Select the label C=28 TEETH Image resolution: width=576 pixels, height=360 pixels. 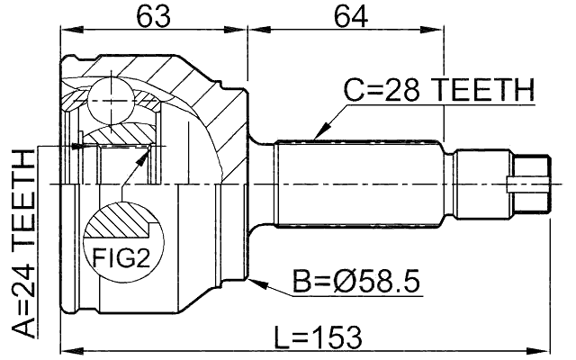[x=439, y=90]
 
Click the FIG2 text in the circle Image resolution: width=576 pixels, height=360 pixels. [x=120, y=257]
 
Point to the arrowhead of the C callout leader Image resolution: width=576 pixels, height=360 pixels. [x=316, y=136]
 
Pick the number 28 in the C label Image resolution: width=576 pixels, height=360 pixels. [x=402, y=90]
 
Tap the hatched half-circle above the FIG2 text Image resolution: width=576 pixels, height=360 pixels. [x=119, y=222]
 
